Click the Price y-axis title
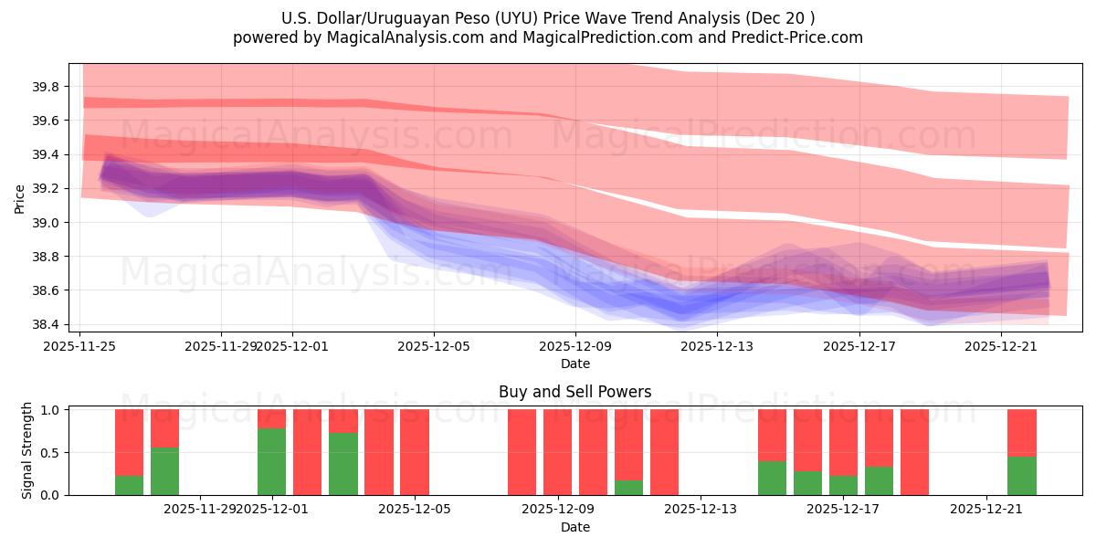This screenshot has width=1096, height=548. pyautogui.click(x=20, y=198)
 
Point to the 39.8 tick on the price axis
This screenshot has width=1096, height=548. pyautogui.click(x=46, y=87)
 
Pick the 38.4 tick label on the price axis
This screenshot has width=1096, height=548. pyautogui.click(x=46, y=324)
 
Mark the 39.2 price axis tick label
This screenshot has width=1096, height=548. pyautogui.click(x=46, y=189)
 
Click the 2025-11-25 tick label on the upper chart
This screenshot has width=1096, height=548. pyautogui.click(x=80, y=346)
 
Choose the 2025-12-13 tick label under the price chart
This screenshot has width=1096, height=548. pyautogui.click(x=716, y=346)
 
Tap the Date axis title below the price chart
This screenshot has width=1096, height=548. pyautogui.click(x=574, y=364)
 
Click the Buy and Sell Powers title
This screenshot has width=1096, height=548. pyautogui.click(x=574, y=392)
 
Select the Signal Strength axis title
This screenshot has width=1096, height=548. pyautogui.click(x=27, y=450)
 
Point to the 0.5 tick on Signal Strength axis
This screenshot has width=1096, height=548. pyautogui.click(x=51, y=452)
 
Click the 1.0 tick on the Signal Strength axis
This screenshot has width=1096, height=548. pyautogui.click(x=51, y=410)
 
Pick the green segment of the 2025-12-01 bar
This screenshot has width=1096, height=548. pyautogui.click(x=271, y=461)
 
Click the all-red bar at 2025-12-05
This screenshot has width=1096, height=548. pyautogui.click(x=414, y=452)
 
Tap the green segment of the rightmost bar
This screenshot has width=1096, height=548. pyautogui.click(x=1021, y=476)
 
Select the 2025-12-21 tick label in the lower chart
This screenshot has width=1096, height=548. pyautogui.click(x=986, y=510)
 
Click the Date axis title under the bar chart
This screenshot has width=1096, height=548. pyautogui.click(x=574, y=527)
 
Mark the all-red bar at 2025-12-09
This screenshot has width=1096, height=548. pyautogui.click(x=557, y=452)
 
